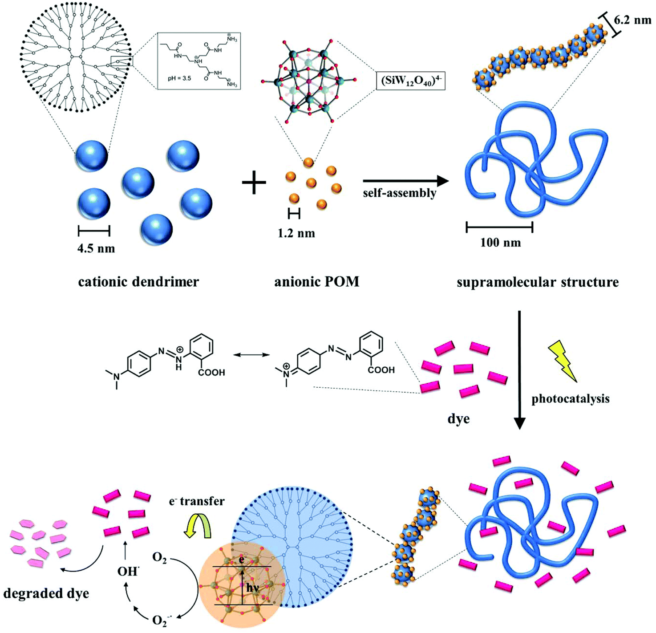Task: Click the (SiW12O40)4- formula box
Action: tap(411, 81)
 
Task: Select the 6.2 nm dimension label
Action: tap(632, 20)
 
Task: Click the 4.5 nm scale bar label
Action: tap(96, 248)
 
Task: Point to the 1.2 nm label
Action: tap(296, 233)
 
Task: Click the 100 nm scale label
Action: tap(500, 243)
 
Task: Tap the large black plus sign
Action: tap(254, 183)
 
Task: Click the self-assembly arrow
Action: tap(405, 181)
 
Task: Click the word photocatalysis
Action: tap(571, 398)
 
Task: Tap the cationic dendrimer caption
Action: tap(138, 282)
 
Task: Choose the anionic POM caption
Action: tap(317, 282)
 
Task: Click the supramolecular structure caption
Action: tap(538, 282)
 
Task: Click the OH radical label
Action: tap(127, 571)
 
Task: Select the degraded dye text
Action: tap(46, 593)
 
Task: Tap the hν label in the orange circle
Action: tap(252, 588)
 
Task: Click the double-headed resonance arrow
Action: tap(252, 355)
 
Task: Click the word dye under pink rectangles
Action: tap(458, 419)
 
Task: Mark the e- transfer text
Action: tap(197, 501)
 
